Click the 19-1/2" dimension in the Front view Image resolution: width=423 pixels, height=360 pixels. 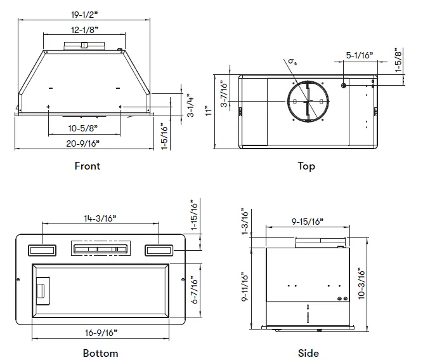pos(83,14)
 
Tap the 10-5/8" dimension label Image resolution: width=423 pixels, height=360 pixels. pos(84,128)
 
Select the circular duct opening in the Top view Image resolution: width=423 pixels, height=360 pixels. pos(307,101)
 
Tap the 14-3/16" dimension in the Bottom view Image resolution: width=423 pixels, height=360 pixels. pos(100,218)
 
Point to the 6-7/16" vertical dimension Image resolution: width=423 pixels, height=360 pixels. pos(194,290)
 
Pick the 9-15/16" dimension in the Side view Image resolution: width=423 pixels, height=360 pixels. pos(307,221)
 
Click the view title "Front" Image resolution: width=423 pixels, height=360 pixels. pos(87,166)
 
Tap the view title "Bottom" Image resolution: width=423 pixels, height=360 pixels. pos(100,353)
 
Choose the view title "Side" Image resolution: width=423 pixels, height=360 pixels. pos(308,353)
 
